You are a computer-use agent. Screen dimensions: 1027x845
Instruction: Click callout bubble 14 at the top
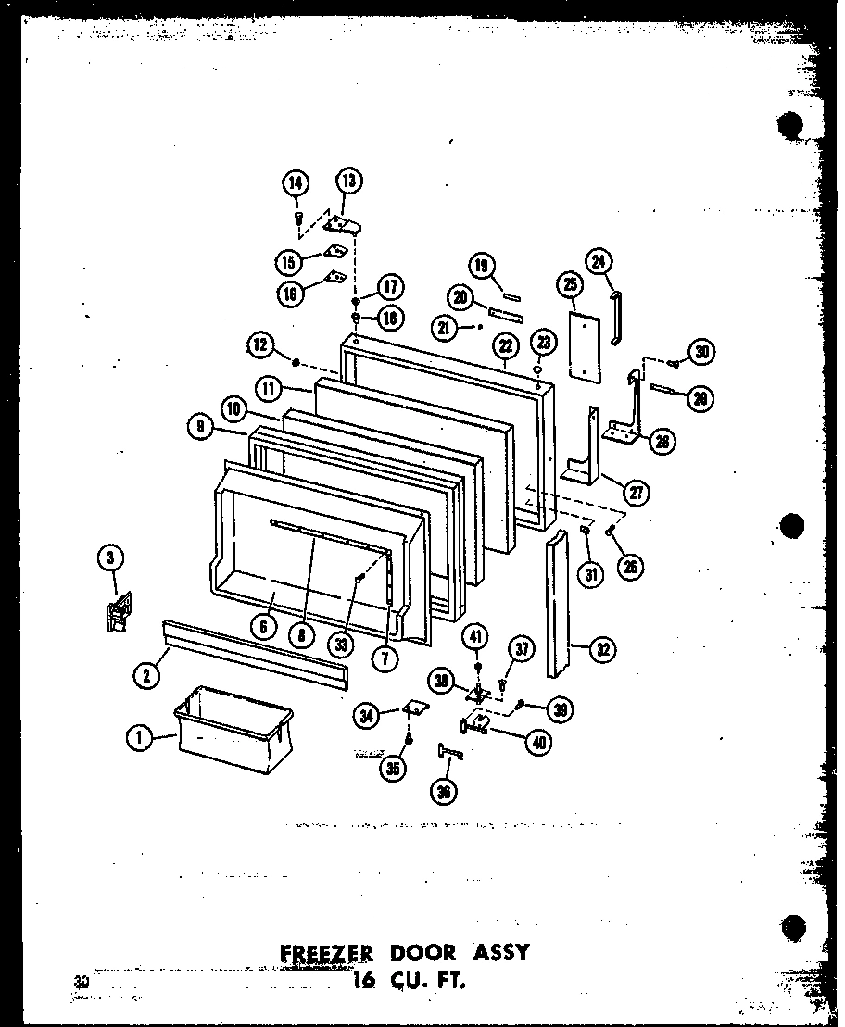point(296,183)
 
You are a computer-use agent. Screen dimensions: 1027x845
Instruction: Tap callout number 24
point(599,262)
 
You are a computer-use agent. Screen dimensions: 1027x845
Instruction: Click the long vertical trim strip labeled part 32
point(561,602)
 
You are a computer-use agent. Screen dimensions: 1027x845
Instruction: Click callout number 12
point(260,345)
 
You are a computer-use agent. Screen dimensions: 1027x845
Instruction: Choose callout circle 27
point(636,492)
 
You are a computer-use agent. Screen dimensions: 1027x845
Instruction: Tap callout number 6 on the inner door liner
point(264,627)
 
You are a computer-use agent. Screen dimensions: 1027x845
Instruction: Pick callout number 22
point(505,345)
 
